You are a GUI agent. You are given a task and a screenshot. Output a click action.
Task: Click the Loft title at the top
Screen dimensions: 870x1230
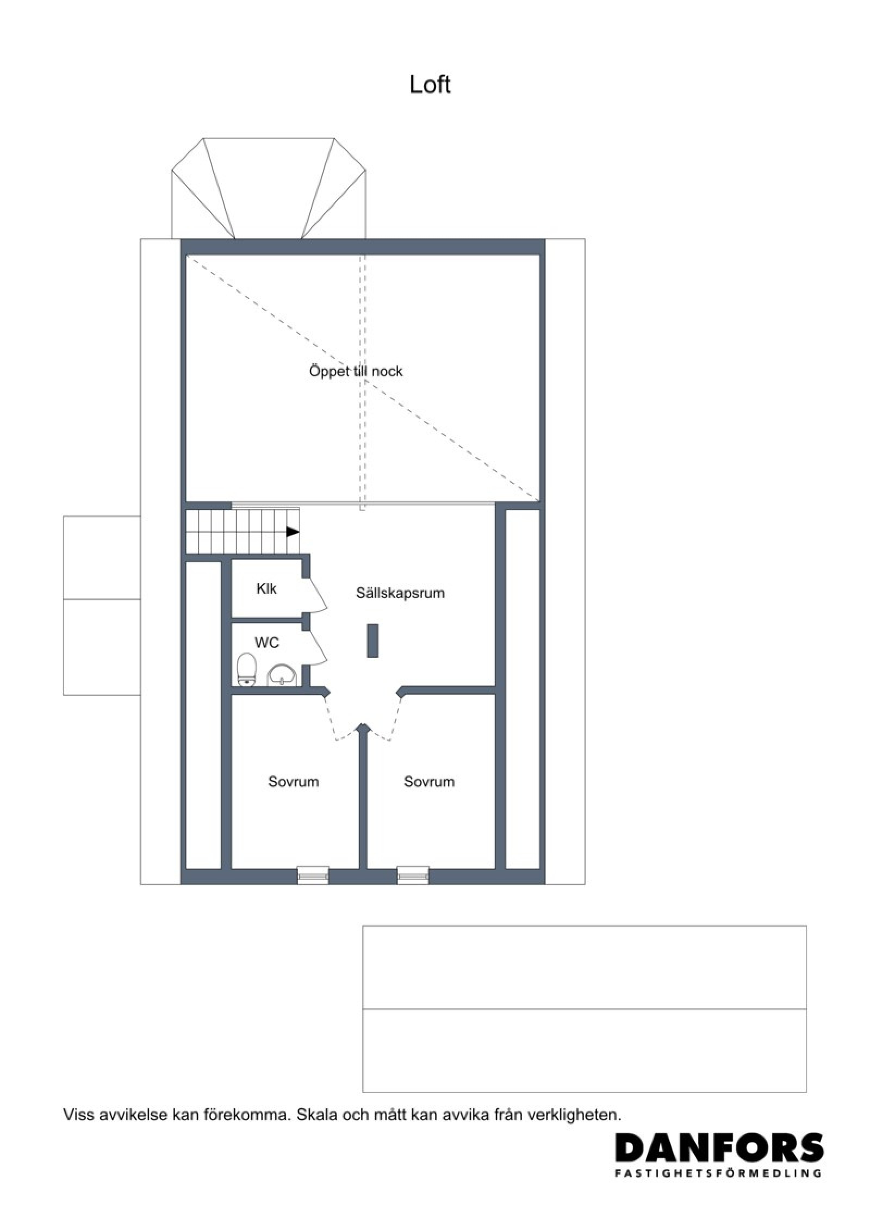point(430,85)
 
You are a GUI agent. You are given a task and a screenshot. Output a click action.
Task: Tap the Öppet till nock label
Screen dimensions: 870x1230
point(356,371)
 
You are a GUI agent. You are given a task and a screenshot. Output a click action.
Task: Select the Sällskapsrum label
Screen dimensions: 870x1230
point(400,593)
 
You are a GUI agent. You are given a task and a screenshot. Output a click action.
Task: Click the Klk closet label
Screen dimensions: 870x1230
point(266,588)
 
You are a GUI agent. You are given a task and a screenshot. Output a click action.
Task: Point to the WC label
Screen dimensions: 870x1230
point(266,643)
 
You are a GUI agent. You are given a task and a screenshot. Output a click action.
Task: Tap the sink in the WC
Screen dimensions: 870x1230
point(281,675)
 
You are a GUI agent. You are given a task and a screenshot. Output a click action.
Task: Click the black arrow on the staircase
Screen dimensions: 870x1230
point(293,532)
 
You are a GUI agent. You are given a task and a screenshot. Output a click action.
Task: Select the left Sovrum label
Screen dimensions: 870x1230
point(293,782)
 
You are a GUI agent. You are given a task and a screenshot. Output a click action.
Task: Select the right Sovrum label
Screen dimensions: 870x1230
point(429,782)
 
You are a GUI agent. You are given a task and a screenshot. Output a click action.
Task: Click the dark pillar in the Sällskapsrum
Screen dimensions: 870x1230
point(372,641)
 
